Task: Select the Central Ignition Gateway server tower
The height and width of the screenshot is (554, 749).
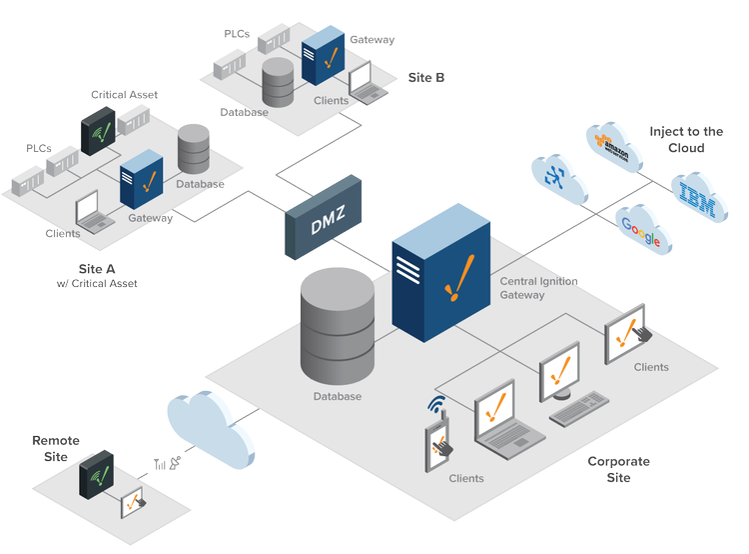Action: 440,281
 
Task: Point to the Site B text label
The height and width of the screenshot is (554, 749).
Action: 426,77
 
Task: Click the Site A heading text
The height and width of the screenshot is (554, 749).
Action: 97,269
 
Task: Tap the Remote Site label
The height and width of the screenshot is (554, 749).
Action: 56,448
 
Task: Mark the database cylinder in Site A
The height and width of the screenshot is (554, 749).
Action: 194,149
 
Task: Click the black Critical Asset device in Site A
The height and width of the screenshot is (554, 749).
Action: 98,131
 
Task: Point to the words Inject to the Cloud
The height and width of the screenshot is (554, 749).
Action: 686,139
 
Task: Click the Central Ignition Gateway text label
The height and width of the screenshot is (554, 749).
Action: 538,288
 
